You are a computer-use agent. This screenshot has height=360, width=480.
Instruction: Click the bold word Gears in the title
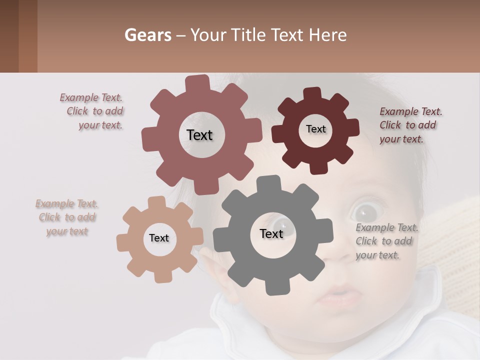point(147,35)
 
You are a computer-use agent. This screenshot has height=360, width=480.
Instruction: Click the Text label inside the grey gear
point(271,233)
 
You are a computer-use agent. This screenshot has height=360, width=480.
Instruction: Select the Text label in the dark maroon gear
point(316,129)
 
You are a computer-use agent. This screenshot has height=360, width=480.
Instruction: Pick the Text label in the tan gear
point(159,238)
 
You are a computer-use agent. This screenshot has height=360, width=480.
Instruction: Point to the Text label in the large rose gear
point(199,135)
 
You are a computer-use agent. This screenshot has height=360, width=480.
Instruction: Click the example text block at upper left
point(92,111)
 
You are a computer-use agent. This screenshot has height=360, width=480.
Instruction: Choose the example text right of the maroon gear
point(410,125)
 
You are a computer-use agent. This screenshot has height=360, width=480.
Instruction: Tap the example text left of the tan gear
point(66,217)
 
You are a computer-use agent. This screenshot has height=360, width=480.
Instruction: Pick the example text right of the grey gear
point(386,241)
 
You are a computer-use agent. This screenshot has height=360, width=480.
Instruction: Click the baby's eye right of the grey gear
point(363,211)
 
